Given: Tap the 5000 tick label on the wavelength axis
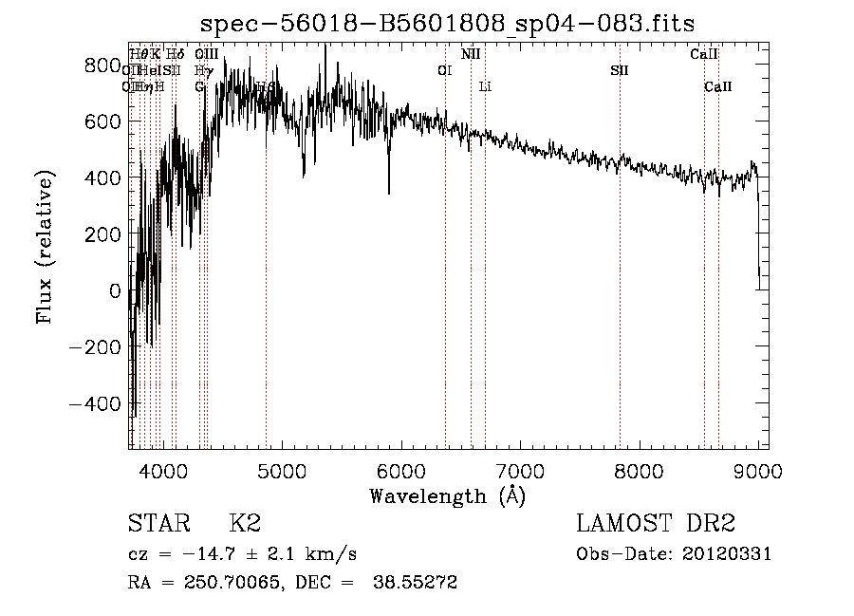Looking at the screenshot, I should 281,470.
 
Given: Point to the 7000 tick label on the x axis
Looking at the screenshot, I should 519,470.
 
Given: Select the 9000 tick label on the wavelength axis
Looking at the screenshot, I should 757,470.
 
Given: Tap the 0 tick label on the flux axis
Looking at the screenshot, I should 115,290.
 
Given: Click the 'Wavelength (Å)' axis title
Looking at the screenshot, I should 447,495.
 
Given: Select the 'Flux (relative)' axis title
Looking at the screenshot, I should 46,247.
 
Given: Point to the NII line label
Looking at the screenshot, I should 471,55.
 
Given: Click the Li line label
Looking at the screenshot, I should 485,87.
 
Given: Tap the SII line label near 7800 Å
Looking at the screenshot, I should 620,71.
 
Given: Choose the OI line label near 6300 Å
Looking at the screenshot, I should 444,71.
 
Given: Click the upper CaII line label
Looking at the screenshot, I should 703,55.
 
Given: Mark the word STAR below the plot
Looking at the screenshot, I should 158,524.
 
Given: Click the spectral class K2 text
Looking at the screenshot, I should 245,524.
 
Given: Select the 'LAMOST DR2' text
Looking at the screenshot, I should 656,524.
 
